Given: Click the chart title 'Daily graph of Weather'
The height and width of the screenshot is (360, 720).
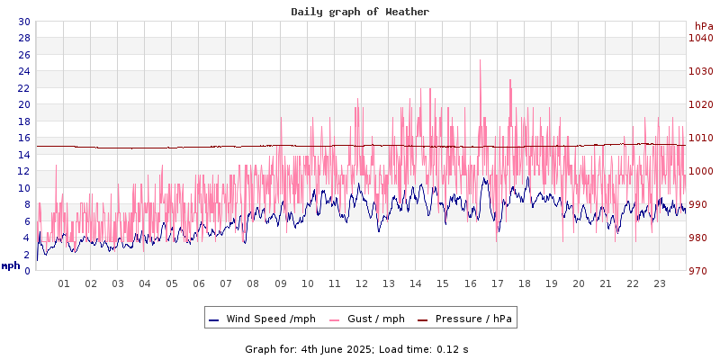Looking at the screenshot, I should [360, 12].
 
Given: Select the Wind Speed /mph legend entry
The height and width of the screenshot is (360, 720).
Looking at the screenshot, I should [262, 319].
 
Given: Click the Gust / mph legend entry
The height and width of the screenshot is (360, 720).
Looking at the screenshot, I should [367, 319].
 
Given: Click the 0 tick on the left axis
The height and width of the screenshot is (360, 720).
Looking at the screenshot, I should [26, 271].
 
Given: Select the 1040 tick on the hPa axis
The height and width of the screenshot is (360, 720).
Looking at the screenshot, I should [700, 38].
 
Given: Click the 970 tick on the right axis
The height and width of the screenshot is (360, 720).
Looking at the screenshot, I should [700, 271].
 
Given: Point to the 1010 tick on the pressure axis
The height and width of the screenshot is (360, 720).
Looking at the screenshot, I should [700, 138].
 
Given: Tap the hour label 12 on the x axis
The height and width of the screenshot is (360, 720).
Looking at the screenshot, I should [361, 283].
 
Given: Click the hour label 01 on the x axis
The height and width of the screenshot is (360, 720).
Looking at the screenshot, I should [64, 283].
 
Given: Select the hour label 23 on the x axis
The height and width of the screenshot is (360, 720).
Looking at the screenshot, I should [659, 283].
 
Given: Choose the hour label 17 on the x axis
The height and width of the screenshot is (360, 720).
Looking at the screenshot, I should [497, 283].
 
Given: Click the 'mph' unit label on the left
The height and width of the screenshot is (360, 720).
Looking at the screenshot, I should [10, 265].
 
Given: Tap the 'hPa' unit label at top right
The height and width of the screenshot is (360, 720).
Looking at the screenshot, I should [703, 26].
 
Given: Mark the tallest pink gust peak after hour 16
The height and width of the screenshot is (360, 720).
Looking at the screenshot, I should [481, 61].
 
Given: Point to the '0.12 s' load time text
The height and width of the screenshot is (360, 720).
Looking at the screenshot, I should [453, 348].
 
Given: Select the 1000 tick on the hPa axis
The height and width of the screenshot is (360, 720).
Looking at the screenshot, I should [700, 171].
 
